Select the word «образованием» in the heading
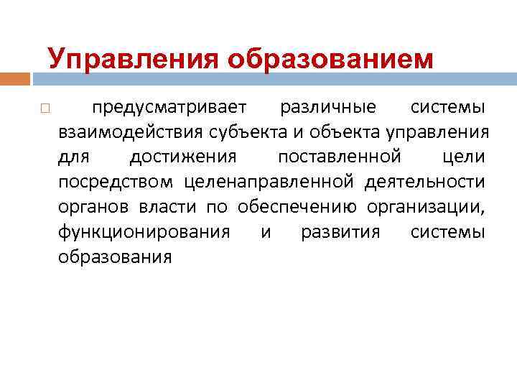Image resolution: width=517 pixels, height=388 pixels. [x=331, y=58]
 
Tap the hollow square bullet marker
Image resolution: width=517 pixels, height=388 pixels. [x=45, y=108]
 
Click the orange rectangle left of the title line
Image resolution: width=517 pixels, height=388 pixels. [x=15, y=73]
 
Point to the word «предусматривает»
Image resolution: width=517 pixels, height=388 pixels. [x=169, y=108]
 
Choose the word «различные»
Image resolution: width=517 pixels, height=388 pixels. [x=327, y=108]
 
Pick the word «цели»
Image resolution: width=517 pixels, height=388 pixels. [x=465, y=157]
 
